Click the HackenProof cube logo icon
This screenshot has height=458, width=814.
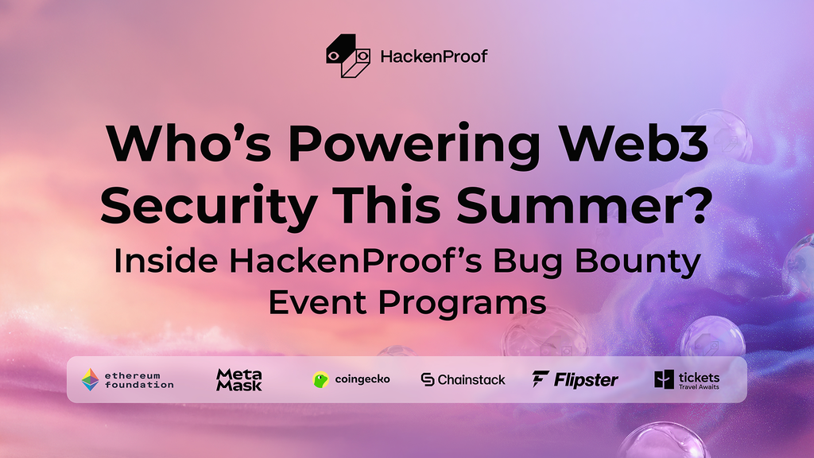[x=348, y=56]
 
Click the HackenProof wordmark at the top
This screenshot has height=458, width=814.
[x=433, y=56]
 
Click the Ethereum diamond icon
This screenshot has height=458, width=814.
[x=90, y=380]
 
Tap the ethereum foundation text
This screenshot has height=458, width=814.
[x=139, y=380]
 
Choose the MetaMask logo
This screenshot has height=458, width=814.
[x=238, y=380]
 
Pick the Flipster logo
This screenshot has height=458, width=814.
[x=576, y=380]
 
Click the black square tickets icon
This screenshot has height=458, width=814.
[x=665, y=380]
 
